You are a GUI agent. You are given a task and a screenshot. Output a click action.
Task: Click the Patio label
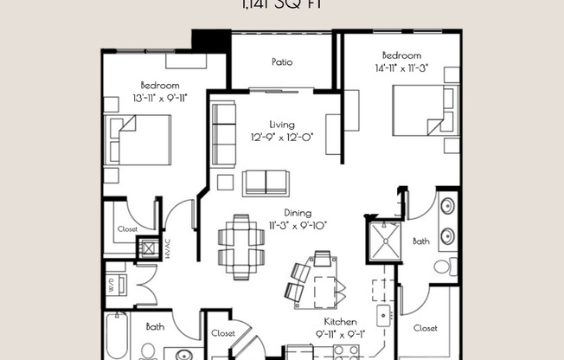point(281,62)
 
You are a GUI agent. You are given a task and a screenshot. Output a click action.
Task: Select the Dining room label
point(298,213)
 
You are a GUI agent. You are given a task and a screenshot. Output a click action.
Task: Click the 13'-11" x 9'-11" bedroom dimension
point(160,99)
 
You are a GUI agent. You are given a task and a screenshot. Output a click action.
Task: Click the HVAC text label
point(169,249)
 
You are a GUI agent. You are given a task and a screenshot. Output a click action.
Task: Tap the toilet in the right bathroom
point(444,266)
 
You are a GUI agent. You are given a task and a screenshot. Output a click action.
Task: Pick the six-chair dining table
point(241,245)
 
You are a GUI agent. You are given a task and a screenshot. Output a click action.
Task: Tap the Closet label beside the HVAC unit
point(127,229)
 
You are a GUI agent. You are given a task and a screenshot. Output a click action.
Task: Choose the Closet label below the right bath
point(425,328)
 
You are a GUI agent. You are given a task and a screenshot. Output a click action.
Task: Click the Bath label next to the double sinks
point(420,242)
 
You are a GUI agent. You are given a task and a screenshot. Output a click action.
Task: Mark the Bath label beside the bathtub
point(155,327)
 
